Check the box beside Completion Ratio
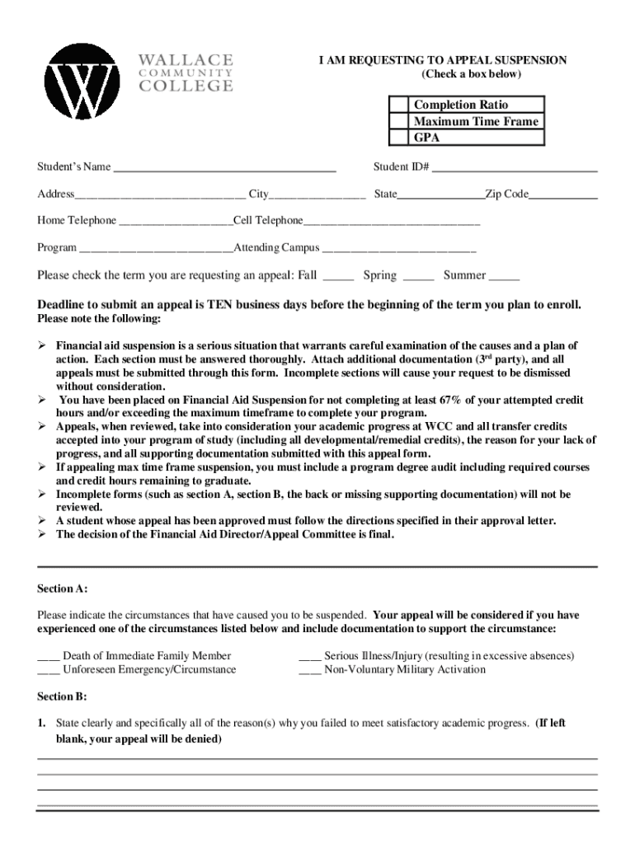(x=399, y=105)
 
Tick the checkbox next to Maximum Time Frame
(x=399, y=121)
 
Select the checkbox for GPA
(x=399, y=138)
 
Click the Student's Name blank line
(x=223, y=168)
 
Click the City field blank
(x=318, y=196)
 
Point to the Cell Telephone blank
(x=391, y=223)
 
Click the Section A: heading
(x=63, y=589)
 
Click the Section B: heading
(x=62, y=696)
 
